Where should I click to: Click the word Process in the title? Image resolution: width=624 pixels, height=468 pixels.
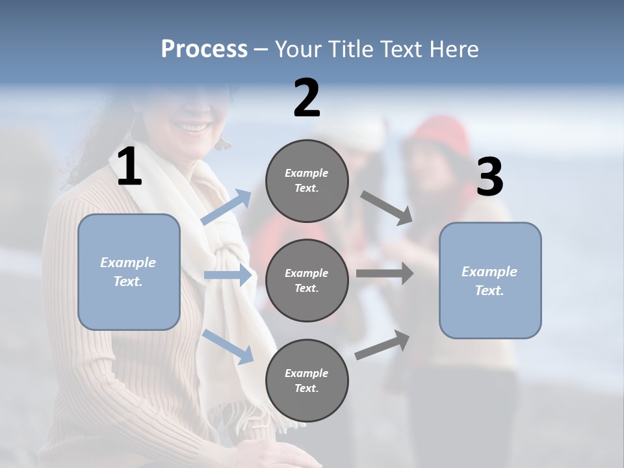click(x=204, y=49)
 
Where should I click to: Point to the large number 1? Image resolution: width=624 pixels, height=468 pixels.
click(x=129, y=167)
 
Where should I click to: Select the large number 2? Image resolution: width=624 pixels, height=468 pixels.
click(x=307, y=98)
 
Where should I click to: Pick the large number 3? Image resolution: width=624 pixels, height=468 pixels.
click(x=489, y=177)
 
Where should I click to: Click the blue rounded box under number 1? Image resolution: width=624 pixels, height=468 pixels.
click(x=129, y=272)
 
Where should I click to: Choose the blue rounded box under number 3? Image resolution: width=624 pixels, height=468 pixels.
click(x=490, y=280)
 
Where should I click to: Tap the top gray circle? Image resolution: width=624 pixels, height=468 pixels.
click(x=307, y=181)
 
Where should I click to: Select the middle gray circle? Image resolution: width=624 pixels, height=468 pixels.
click(x=307, y=280)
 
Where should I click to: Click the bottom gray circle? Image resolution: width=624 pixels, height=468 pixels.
click(x=307, y=380)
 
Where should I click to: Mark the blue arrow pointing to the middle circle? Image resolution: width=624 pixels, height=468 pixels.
click(x=227, y=276)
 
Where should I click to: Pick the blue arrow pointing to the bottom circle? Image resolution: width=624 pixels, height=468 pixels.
click(x=227, y=346)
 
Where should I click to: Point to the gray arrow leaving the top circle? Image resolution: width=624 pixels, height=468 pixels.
click(x=386, y=207)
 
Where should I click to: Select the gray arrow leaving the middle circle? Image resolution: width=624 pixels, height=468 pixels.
click(x=384, y=273)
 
